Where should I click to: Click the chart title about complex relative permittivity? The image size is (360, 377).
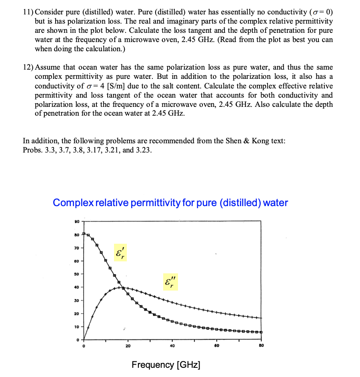click(x=170, y=203)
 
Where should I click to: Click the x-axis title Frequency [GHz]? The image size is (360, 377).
click(x=166, y=365)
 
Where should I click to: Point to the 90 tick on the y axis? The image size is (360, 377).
click(x=77, y=221)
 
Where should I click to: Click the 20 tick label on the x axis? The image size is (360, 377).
click(x=128, y=346)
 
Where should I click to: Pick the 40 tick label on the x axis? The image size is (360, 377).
click(x=172, y=346)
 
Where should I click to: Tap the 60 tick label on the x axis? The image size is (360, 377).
click(x=217, y=346)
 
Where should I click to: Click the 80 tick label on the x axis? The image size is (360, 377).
click(x=261, y=346)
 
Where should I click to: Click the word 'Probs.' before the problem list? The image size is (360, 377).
click(x=32, y=150)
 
